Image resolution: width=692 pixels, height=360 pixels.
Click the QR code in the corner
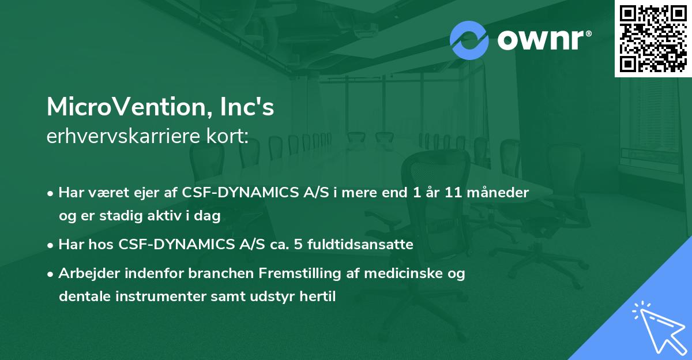click(x=653, y=38)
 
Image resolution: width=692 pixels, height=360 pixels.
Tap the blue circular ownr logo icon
click(x=469, y=40)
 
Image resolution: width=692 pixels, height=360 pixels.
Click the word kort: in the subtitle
click(x=227, y=137)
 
